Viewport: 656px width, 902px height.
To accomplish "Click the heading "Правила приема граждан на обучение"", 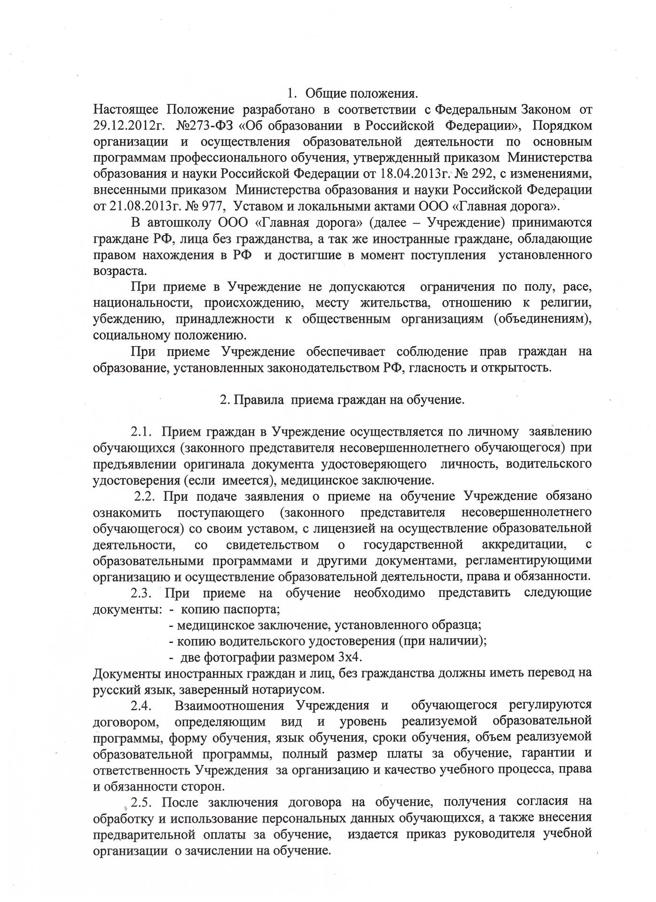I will [x=342, y=400].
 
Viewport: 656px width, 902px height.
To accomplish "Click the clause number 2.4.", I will [x=141, y=706].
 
